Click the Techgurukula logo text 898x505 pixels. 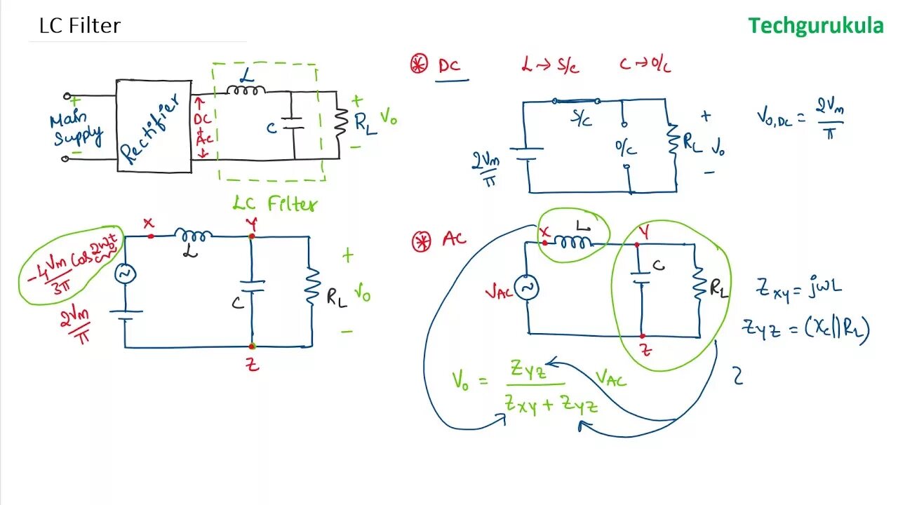[x=815, y=26]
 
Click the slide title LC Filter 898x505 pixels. [x=80, y=26]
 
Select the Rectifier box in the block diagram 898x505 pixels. [x=154, y=126]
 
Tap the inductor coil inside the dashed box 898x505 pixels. [x=246, y=89]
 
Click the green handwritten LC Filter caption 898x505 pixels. [x=275, y=204]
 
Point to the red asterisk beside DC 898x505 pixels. [x=419, y=65]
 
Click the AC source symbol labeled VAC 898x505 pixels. [x=525, y=288]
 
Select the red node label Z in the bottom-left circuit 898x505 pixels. [x=253, y=364]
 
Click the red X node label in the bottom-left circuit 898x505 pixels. [x=148, y=223]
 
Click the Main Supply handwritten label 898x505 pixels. [x=76, y=129]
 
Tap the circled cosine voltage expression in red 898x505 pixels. [x=70, y=265]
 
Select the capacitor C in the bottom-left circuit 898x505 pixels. [x=252, y=288]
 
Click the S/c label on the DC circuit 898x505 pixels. [x=582, y=120]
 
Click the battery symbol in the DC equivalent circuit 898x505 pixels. [x=528, y=154]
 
